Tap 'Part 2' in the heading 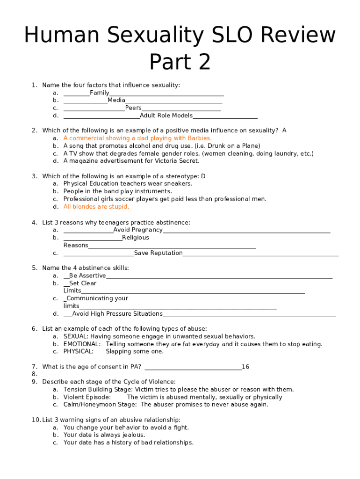tap(180, 62)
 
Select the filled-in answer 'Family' tap(100, 93)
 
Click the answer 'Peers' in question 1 tap(133, 108)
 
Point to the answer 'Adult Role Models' tap(166, 116)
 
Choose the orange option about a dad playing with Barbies tap(137, 138)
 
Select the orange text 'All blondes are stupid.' tap(96, 207)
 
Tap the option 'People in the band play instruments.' tap(118, 191)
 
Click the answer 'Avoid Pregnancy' tap(138, 230)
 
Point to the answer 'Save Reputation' tap(158, 253)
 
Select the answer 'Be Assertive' tap(87, 276)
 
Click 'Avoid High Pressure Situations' tap(117, 314)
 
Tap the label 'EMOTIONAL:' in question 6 tap(82, 344)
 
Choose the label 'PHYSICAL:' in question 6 tap(79, 352)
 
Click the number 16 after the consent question tap(245, 367)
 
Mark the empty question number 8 tap(35, 374)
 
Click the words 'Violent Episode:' tap(87, 397)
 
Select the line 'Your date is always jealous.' tap(104, 435)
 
